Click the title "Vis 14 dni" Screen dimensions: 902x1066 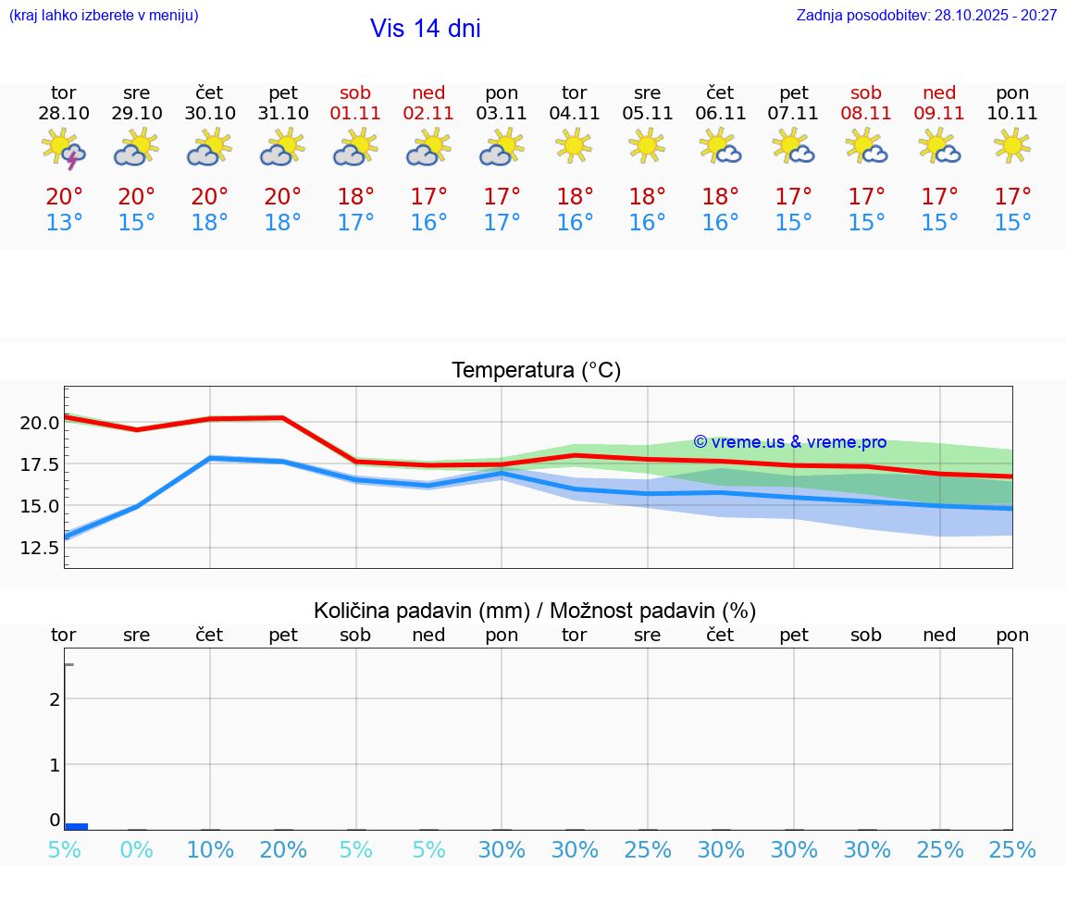click(425, 29)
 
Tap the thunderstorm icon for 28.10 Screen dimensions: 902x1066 click(64, 149)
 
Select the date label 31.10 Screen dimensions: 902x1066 click(283, 114)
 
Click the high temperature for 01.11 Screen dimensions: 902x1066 click(356, 197)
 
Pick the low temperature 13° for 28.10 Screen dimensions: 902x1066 click(64, 223)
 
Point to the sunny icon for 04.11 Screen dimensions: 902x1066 click(574, 145)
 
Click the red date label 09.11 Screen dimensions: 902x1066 click(939, 114)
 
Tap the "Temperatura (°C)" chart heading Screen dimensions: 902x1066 click(536, 371)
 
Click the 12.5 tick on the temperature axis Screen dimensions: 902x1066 click(40, 548)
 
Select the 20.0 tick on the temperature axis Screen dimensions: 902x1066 click(40, 423)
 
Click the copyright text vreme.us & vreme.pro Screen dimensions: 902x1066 click(789, 442)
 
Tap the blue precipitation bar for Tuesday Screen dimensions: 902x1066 click(77, 826)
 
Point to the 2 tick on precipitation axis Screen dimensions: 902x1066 click(56, 699)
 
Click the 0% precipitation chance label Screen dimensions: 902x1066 click(137, 850)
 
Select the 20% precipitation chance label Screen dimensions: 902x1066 click(283, 850)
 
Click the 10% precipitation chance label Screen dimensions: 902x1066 click(210, 850)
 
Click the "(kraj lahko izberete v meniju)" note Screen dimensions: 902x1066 click(103, 16)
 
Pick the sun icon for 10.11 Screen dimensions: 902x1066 click(1012, 145)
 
